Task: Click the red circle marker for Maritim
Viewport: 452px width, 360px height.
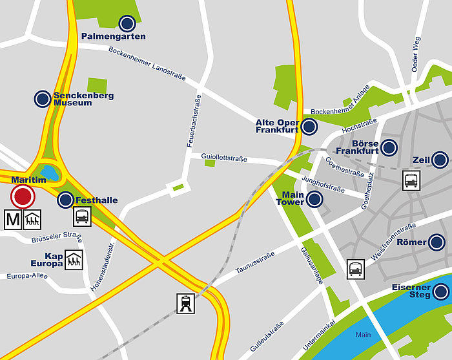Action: click(23, 197)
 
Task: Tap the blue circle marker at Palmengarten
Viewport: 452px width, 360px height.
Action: click(127, 24)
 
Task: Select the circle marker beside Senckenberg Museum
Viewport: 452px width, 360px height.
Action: click(43, 98)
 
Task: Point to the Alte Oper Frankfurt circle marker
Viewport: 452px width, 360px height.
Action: click(310, 127)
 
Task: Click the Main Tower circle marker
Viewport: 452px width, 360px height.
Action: click(314, 199)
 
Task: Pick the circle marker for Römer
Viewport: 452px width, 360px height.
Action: click(437, 242)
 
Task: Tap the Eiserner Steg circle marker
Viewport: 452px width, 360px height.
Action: click(442, 291)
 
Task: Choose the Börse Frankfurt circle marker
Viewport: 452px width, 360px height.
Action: click(389, 148)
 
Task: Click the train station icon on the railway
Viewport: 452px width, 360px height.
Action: click(186, 302)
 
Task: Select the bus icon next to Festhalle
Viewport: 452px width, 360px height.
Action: click(82, 216)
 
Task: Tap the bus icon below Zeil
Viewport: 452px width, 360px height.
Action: click(411, 180)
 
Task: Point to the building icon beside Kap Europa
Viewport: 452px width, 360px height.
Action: click(73, 260)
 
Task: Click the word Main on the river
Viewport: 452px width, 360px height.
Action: click(363, 335)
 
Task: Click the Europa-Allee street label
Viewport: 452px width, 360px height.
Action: click(27, 277)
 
